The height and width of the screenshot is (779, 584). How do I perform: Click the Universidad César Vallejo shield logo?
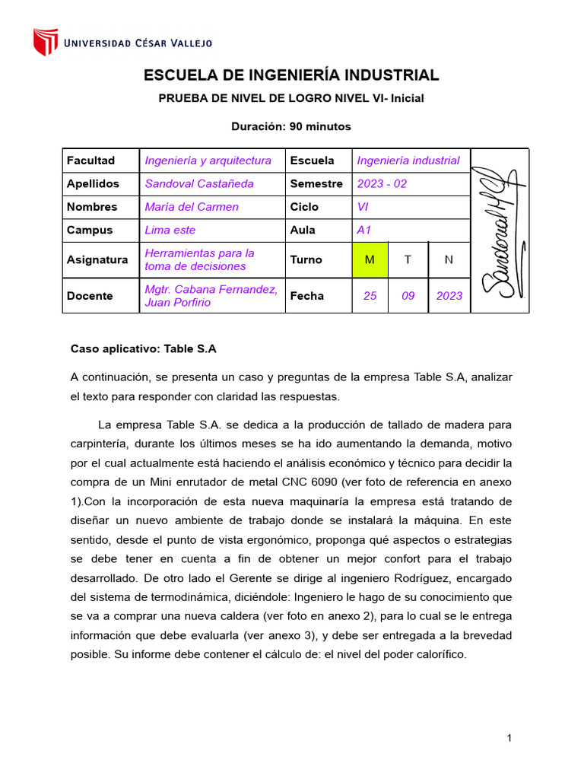[46, 43]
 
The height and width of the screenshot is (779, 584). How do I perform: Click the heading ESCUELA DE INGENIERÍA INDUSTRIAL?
[291, 75]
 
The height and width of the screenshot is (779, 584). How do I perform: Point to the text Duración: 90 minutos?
[291, 126]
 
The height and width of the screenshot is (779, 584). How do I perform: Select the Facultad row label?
[90, 161]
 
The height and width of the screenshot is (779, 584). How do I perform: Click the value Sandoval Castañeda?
[199, 183]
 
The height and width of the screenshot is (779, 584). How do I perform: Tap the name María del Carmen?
[192, 207]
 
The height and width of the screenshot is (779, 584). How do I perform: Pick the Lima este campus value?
[170, 230]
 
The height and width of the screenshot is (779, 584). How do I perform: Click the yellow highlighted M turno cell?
[370, 260]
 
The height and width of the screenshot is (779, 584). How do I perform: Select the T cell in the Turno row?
[408, 260]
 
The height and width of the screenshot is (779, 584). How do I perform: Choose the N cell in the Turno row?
[449, 260]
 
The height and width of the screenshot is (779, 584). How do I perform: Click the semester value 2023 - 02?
[382, 183]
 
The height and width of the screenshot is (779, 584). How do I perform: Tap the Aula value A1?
[364, 230]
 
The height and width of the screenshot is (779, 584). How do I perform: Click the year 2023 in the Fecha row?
[449, 296]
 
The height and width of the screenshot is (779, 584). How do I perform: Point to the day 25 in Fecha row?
[370, 296]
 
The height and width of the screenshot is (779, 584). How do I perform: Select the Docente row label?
[90, 296]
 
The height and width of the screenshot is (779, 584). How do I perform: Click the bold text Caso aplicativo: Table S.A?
[144, 349]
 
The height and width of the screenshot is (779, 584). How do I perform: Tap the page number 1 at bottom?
[509, 738]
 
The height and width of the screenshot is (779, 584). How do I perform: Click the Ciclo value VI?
[363, 207]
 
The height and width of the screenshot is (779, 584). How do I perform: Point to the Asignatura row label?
[97, 260]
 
